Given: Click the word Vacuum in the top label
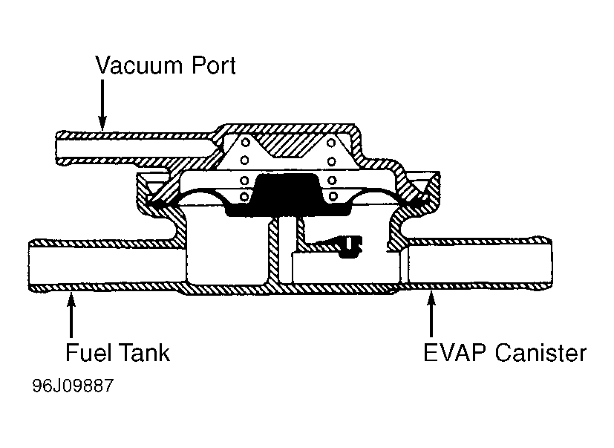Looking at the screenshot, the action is [x=140, y=65].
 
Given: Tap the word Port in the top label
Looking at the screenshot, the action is [x=214, y=65].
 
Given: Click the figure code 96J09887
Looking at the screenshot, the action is [x=73, y=386].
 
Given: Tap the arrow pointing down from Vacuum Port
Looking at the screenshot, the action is [x=102, y=105].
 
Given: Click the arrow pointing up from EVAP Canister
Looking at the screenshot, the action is [x=431, y=314].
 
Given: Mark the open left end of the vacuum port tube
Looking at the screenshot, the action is [x=56, y=148].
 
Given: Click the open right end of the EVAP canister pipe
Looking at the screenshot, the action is [x=551, y=263].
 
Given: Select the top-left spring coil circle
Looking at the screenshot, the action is [x=246, y=142].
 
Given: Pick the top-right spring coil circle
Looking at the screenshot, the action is [x=331, y=143].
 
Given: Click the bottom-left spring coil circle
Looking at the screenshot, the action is [x=245, y=196].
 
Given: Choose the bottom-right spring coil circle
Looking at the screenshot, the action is [x=333, y=195].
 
